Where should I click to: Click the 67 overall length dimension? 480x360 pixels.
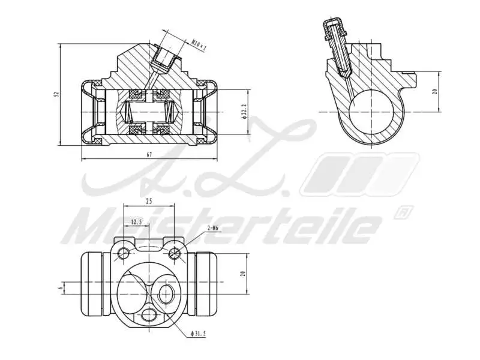pos(149,155)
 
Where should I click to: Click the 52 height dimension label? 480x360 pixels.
pos(56,94)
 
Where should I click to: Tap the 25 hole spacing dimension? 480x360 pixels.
pos(148,202)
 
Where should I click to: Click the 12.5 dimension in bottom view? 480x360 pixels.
pos(136,222)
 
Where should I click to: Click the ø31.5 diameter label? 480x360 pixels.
pos(198,333)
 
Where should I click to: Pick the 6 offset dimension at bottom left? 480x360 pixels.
pos(61,288)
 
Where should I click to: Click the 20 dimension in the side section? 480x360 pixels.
pos(434,91)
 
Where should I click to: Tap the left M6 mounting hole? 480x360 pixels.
pos(124,253)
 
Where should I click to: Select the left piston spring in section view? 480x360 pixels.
pos(130,111)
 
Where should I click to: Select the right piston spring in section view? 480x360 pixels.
pos(170,111)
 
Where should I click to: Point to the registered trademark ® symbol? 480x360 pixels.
pos(403,212)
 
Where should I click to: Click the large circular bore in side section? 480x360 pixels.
pos(373,111)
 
